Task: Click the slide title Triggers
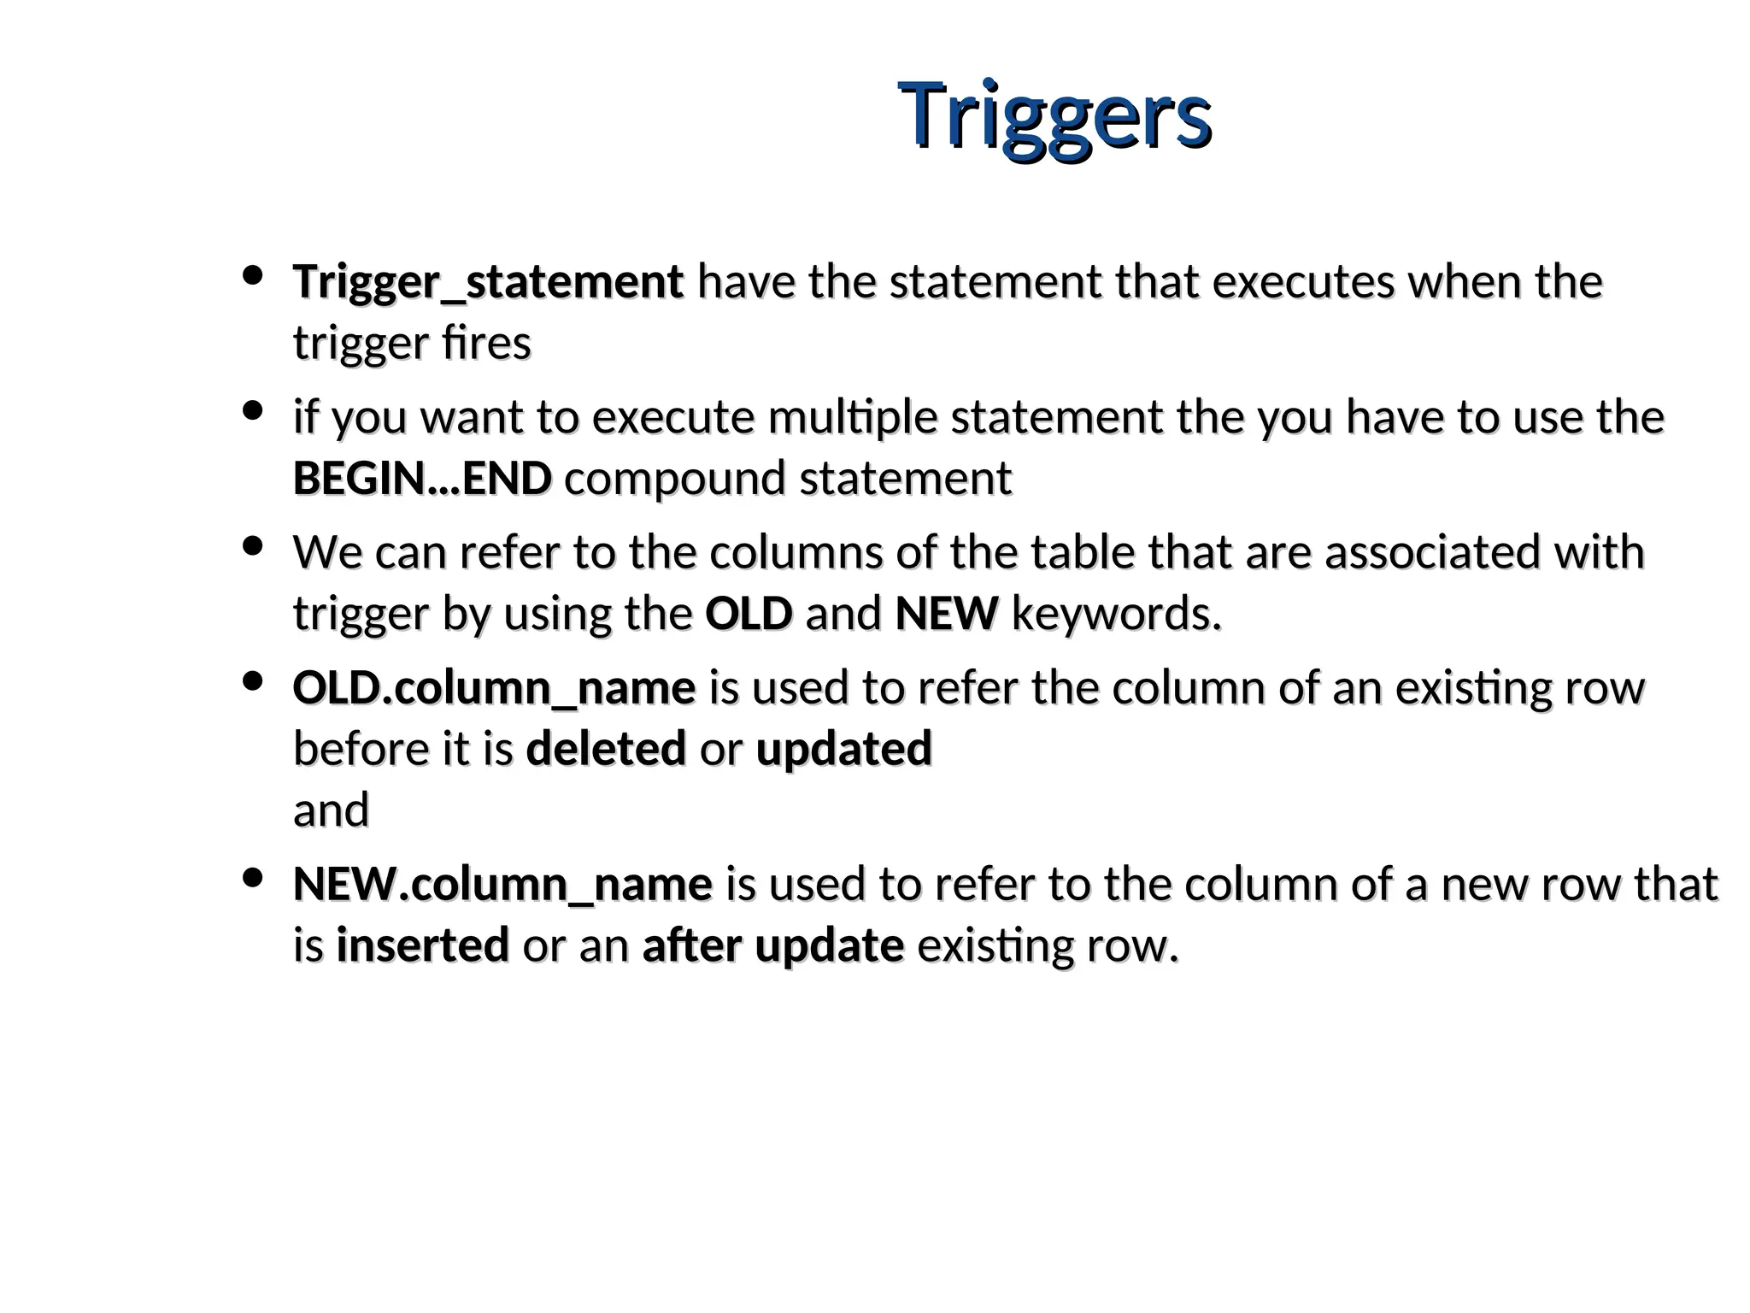1054,116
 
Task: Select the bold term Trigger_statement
488,282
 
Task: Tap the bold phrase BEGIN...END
422,479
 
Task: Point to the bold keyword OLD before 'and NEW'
749,614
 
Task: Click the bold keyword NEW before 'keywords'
947,614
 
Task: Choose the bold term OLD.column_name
494,688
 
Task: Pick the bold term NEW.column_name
502,885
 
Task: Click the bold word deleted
606,749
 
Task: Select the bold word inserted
423,945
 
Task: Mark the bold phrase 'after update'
772,945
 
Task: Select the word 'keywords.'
1116,614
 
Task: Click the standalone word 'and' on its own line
331,810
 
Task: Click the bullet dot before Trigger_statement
252,276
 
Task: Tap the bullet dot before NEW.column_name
252,879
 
